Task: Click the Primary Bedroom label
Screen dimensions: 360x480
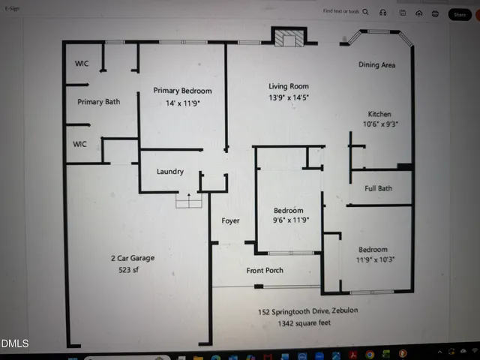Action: [x=182, y=91]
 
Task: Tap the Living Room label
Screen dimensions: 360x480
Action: [x=289, y=86]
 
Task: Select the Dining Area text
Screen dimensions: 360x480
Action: [x=376, y=65]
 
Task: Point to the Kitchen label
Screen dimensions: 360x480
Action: [x=379, y=114]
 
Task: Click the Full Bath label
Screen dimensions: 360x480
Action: [x=379, y=188]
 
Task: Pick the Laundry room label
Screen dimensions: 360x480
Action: [x=170, y=172]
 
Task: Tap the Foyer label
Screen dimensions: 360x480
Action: [x=230, y=220]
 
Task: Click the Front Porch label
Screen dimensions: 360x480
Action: [x=265, y=270]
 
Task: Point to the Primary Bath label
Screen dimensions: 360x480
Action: [x=99, y=102]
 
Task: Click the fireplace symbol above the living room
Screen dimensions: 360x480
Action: [x=287, y=37]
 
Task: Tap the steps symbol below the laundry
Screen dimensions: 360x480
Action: [x=188, y=201]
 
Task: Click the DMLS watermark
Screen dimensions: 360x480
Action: [x=15, y=344]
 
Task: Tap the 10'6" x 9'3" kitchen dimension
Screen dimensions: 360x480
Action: [x=381, y=124]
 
